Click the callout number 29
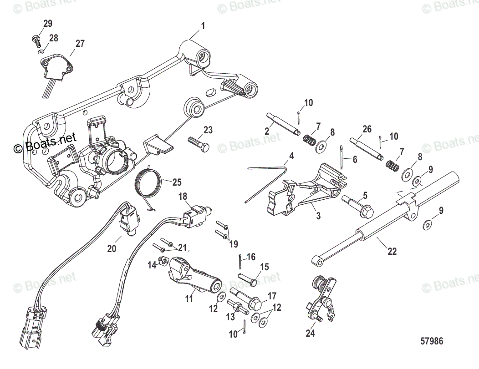(x=48, y=23)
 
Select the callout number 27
(x=80, y=44)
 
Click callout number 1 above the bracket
(x=203, y=26)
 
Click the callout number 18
(x=183, y=197)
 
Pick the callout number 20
(x=112, y=248)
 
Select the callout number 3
(x=318, y=216)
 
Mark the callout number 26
(x=367, y=129)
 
